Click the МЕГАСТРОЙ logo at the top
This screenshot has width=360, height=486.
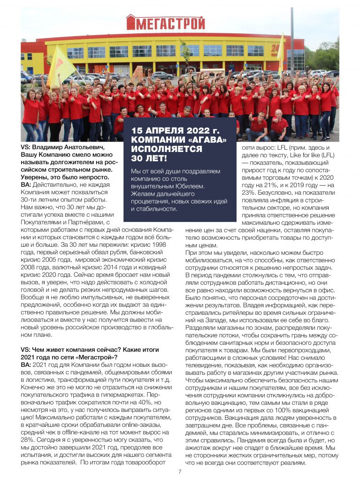click(x=165, y=22)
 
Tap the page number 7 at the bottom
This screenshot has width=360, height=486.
click(x=179, y=471)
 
